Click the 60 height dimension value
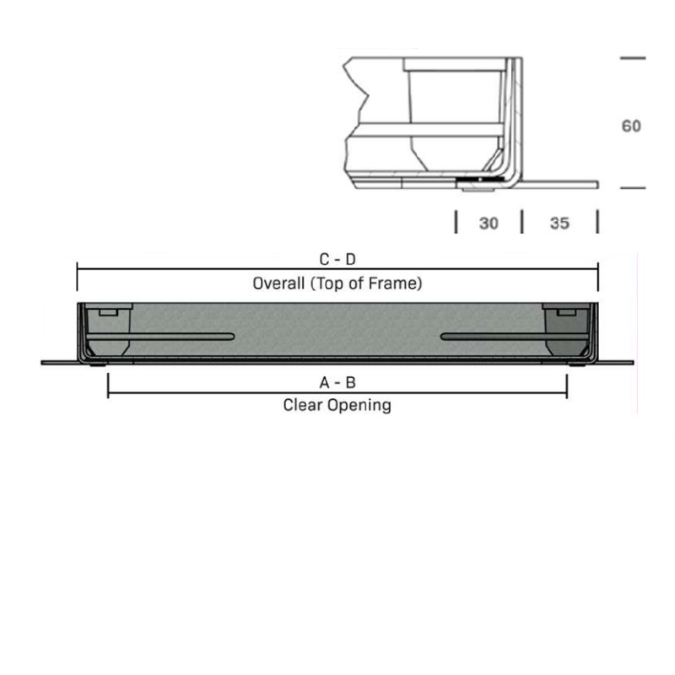tap(631, 126)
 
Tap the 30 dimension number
tap(489, 223)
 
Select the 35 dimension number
tap(559, 223)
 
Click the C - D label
tap(337, 260)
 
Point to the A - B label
tap(337, 382)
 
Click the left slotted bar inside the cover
tap(160, 337)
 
